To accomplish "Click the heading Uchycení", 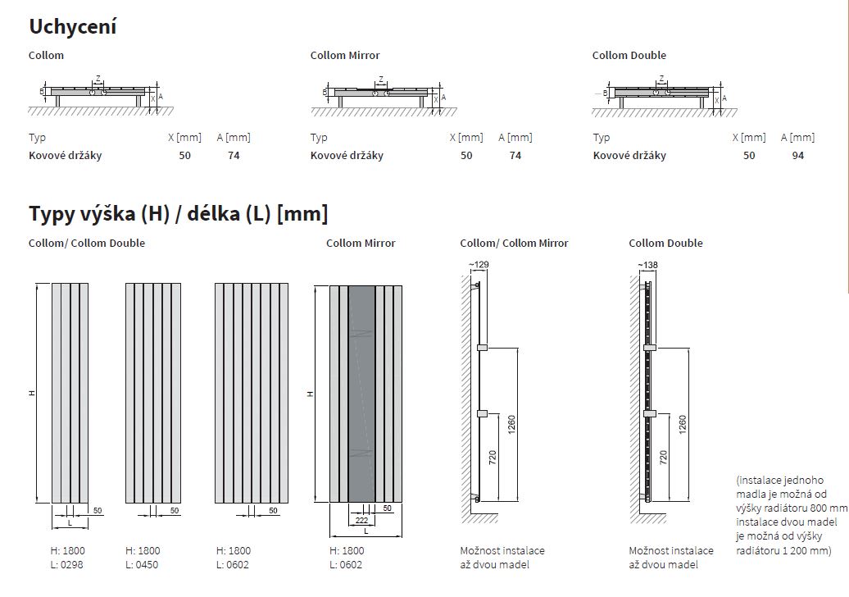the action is point(73,26).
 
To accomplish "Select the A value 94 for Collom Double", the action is point(797,156).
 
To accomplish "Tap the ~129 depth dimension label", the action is point(479,264).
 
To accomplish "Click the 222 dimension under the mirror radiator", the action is point(361,520).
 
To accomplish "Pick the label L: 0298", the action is point(67,564).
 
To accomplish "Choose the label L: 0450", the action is point(142,564).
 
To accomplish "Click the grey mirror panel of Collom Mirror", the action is point(361,394).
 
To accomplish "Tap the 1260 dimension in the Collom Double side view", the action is point(682,424).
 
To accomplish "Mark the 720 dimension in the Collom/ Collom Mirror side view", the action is point(493,458).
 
